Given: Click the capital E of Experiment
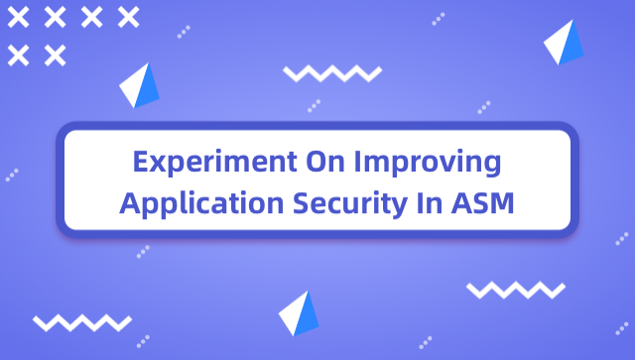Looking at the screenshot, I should [142, 162].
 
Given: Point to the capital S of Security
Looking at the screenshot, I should [304, 203].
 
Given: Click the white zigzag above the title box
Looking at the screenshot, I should [331, 73].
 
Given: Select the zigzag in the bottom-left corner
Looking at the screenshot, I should [82, 323].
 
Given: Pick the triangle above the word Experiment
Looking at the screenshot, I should [140, 85].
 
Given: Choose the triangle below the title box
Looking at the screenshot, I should [299, 314].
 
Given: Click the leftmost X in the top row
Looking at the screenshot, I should [18, 17].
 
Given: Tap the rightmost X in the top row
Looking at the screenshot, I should [128, 17].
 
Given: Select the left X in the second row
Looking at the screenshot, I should [18, 55].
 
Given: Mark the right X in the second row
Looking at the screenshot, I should [55, 55].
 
